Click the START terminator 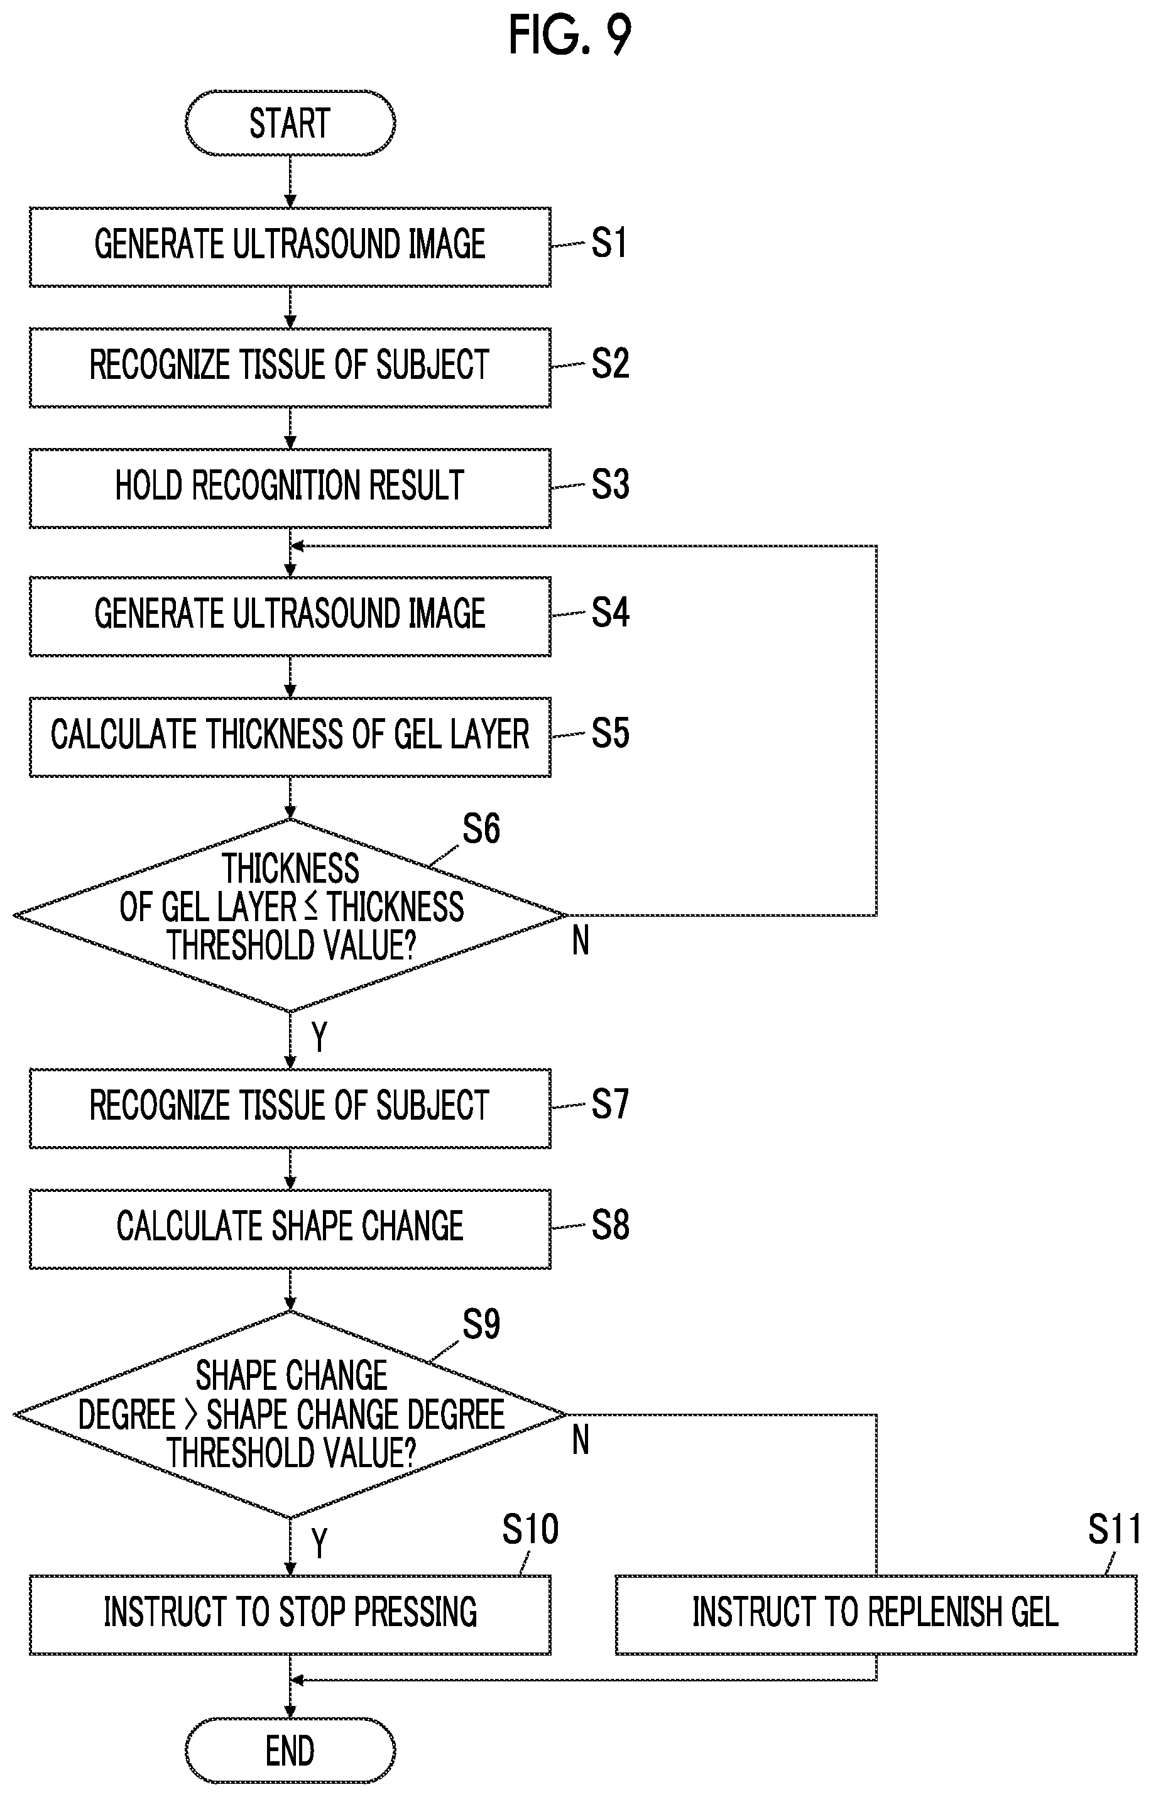[x=290, y=123]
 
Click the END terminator [x=290, y=1751]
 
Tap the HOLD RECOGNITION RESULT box [x=290, y=488]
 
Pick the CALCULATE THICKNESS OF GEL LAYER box [x=290, y=736]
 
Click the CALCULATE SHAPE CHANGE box [x=290, y=1228]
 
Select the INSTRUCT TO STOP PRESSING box [x=290, y=1615]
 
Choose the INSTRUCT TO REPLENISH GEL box [x=876, y=1615]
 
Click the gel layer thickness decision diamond [x=290, y=915]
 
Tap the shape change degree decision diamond [x=290, y=1414]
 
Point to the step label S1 [x=609, y=244]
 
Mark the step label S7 [x=611, y=1104]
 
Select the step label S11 [x=1114, y=1529]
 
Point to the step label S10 [x=530, y=1529]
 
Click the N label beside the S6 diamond [x=581, y=941]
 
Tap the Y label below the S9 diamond [x=319, y=1543]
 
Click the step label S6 [x=481, y=829]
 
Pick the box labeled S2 [x=290, y=367]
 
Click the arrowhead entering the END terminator [x=290, y=1711]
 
